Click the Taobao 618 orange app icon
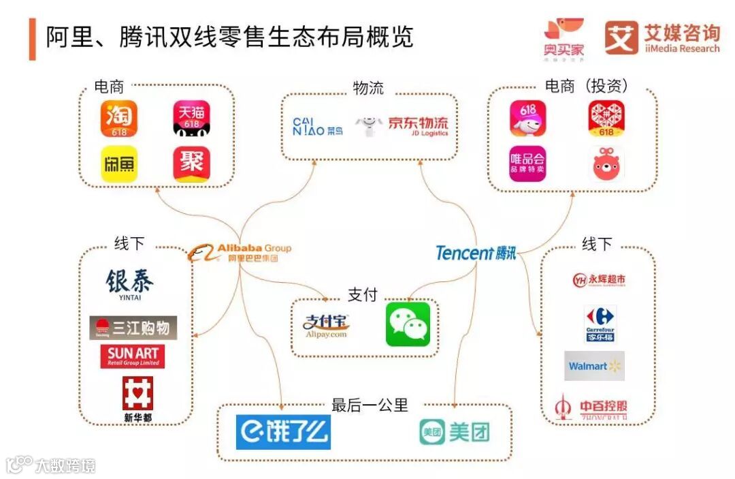(x=119, y=120)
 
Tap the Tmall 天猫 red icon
(x=191, y=120)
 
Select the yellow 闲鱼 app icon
(x=119, y=164)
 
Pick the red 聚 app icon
(x=191, y=164)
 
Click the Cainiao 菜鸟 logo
(x=318, y=126)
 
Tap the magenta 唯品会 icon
(x=527, y=164)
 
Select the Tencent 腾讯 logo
(x=476, y=253)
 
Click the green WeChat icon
(x=408, y=324)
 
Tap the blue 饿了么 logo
(x=283, y=431)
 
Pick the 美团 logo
(x=454, y=431)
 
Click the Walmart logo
(x=594, y=366)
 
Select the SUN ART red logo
(x=133, y=356)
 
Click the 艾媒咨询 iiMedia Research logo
(x=662, y=38)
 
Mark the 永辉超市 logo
(x=599, y=280)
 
